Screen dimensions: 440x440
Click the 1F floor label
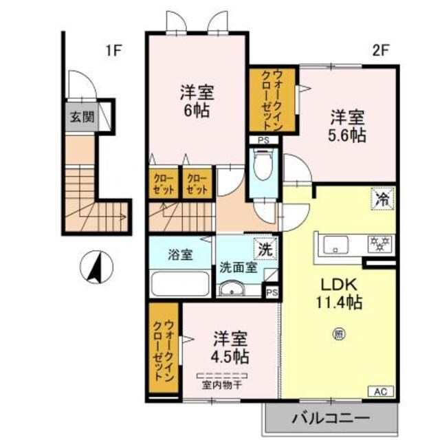click(113, 49)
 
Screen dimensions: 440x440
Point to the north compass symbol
click(96, 267)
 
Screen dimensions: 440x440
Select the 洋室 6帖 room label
click(195, 100)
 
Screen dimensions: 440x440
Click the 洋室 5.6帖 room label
click(346, 126)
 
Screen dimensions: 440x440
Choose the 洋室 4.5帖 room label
click(228, 348)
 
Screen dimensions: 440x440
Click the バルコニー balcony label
click(330, 417)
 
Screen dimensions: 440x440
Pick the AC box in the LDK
click(381, 392)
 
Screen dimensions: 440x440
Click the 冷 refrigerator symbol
click(381, 200)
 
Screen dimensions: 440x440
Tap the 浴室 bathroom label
click(180, 254)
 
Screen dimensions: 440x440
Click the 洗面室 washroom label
click(239, 267)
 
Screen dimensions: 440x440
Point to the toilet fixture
click(262, 166)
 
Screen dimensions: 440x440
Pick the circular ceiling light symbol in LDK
click(339, 336)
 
